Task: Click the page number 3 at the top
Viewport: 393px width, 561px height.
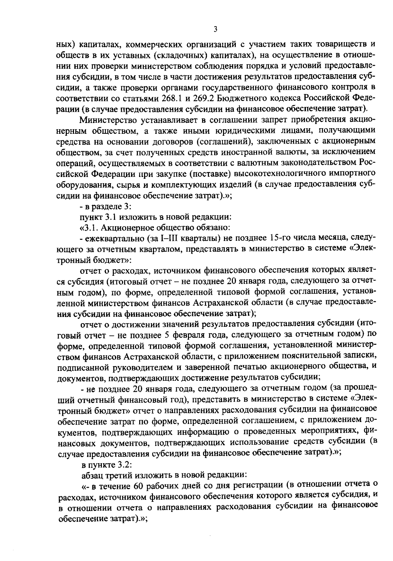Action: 215,30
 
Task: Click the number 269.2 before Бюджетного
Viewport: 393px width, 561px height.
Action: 210,98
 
